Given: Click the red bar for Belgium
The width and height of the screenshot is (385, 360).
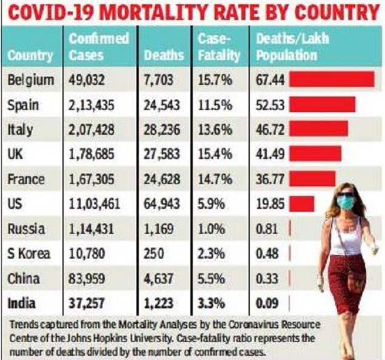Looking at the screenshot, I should (331, 80).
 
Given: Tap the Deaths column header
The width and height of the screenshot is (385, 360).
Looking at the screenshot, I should (164, 55).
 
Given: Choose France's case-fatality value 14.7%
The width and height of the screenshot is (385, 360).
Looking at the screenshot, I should (215, 179).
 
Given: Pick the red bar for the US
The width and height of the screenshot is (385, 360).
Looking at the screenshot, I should (302, 204).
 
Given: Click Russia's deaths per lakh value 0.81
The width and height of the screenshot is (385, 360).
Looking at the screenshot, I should (267, 229).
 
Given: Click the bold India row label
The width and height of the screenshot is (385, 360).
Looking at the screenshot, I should (22, 303).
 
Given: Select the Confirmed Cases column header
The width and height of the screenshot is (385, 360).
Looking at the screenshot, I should (98, 47).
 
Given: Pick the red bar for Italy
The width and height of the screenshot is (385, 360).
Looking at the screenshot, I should (318, 129).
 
